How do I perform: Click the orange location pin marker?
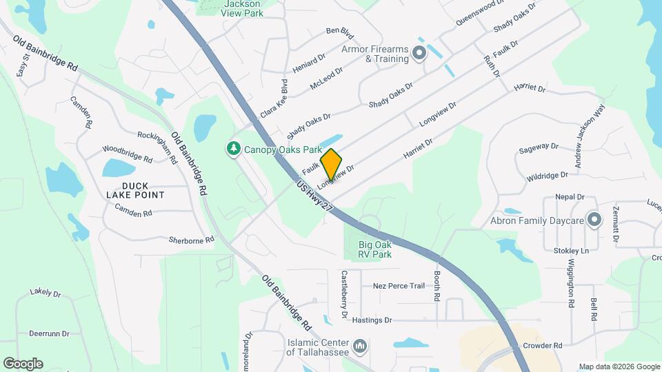(x=331, y=165)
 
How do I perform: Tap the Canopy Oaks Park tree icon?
(x=234, y=149)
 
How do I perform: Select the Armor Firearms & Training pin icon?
(x=418, y=53)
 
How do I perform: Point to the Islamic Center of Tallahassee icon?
(x=359, y=346)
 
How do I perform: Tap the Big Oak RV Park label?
(x=375, y=249)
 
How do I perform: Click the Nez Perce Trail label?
(x=399, y=286)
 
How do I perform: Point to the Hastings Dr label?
(x=372, y=320)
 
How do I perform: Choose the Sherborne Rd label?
(x=192, y=240)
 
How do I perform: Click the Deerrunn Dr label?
(x=50, y=333)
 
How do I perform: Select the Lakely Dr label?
(x=46, y=292)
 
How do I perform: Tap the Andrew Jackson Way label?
(x=590, y=136)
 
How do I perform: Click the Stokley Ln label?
(x=571, y=251)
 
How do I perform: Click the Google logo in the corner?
(x=23, y=363)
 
